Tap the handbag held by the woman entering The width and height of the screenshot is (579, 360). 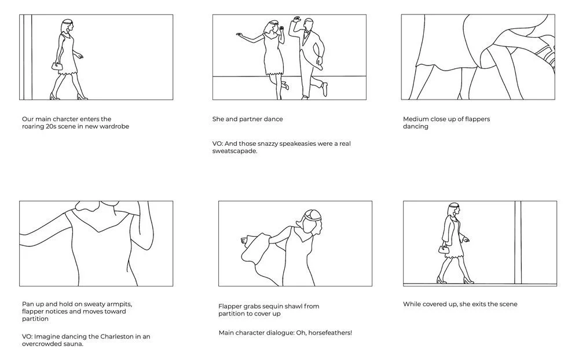click(x=57, y=66)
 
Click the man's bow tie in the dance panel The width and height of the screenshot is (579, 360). click(x=306, y=33)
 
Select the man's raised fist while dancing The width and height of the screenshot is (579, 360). click(x=296, y=19)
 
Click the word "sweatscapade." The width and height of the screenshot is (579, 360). click(x=234, y=151)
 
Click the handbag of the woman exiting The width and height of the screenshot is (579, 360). click(x=444, y=249)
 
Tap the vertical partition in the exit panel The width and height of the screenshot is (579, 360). click(x=518, y=243)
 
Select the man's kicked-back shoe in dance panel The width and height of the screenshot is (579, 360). click(x=324, y=89)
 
